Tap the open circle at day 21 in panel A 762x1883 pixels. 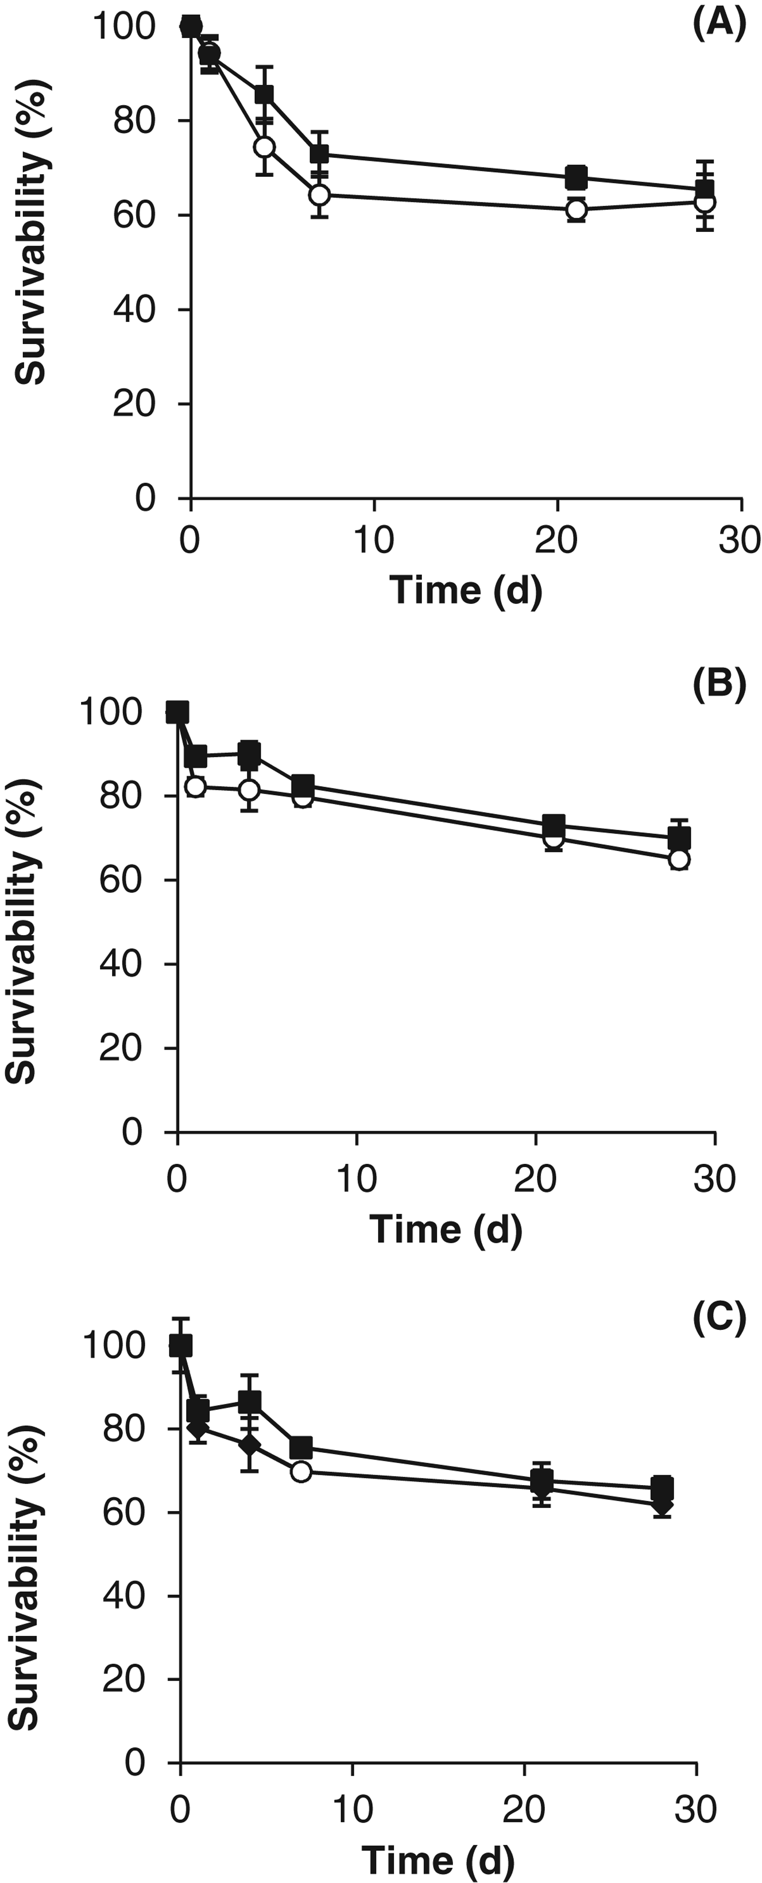[x=576, y=209]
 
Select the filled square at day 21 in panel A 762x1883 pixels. [x=576, y=176]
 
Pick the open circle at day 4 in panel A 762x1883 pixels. [x=265, y=147]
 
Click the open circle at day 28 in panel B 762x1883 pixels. [x=679, y=860]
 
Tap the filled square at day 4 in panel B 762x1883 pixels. [x=250, y=753]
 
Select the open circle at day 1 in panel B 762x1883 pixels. [x=196, y=787]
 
